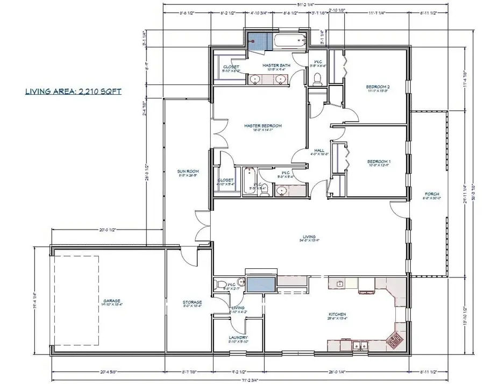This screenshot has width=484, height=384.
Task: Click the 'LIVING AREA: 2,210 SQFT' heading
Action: pos(73,91)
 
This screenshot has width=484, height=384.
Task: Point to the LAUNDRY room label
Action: pos(237,338)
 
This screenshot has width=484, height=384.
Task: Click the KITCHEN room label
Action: pos(337,315)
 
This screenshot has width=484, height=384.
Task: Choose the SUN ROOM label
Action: pos(185,172)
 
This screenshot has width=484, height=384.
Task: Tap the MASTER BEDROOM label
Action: pos(262,126)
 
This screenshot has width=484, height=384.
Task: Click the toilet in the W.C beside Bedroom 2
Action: pos(317,80)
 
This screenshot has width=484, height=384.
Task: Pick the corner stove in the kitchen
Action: pos(396,339)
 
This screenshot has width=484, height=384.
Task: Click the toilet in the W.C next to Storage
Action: pos(219,283)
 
